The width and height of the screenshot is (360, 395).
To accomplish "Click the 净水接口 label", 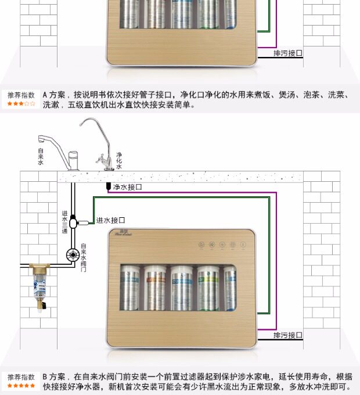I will [127, 187].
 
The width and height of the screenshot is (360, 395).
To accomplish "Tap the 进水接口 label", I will [111, 220].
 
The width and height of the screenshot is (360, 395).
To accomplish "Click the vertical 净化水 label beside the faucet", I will [118, 161].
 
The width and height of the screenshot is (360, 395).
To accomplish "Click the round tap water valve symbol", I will [73, 254].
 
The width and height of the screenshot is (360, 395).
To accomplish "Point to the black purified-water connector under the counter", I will [108, 186].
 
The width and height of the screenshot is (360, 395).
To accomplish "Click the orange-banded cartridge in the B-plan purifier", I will [156, 288].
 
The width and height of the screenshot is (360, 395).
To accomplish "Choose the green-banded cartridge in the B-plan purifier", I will [208, 288].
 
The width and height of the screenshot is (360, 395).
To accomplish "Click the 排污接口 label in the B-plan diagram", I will [288, 335].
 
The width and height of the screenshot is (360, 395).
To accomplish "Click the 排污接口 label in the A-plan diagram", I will [288, 53].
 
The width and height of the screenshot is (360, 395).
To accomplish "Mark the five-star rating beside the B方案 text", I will [21, 386].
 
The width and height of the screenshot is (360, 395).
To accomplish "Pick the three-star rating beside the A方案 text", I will [21, 104].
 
